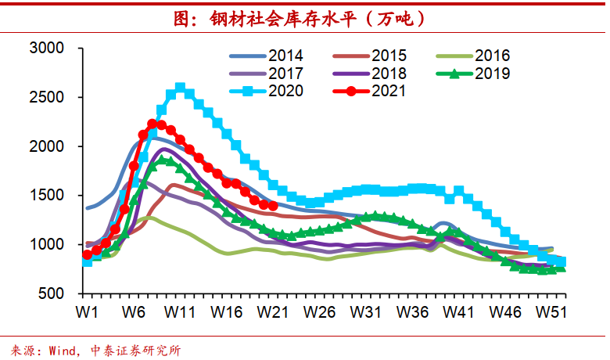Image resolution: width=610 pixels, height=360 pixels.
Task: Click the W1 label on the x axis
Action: point(87,311)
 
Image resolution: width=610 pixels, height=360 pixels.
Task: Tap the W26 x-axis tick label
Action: point(319,311)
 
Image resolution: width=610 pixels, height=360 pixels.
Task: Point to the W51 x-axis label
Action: point(551,311)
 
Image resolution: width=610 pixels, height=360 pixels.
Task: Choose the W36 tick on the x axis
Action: point(412,311)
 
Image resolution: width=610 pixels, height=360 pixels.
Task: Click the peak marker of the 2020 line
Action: point(181,88)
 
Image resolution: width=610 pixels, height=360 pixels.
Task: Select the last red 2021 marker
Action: point(273,206)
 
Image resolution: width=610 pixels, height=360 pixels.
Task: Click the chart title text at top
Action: point(303,18)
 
